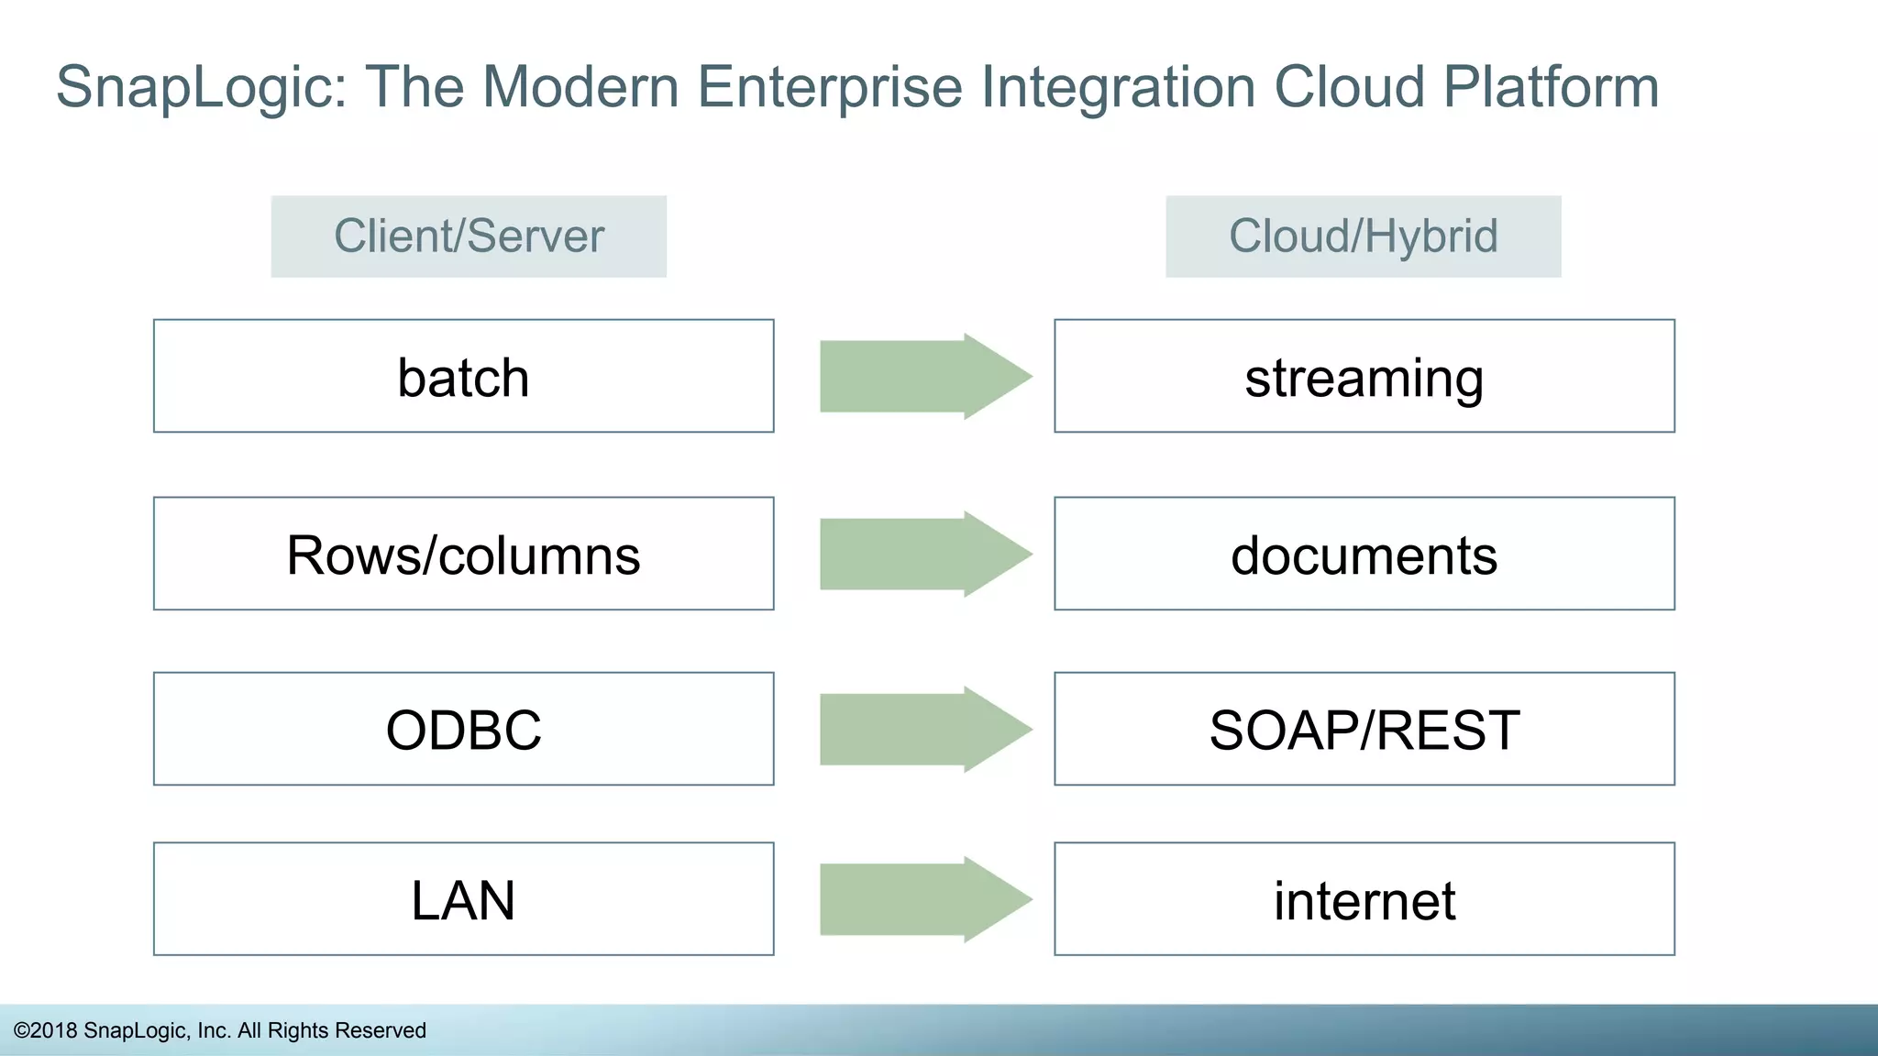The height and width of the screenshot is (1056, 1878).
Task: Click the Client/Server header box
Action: click(x=469, y=236)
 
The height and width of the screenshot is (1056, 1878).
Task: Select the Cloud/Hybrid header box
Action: click(x=1363, y=236)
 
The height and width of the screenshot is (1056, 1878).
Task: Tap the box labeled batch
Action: click(x=463, y=376)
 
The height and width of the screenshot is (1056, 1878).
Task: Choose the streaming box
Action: click(x=1364, y=376)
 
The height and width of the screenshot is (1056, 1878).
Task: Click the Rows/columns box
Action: click(x=463, y=554)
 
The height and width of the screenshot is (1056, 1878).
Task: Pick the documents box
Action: click(x=1364, y=554)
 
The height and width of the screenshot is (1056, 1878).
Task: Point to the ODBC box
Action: click(x=463, y=729)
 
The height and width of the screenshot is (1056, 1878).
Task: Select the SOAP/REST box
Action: click(x=1364, y=729)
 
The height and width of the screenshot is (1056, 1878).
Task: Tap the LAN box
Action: click(x=463, y=898)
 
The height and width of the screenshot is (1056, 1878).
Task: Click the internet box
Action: click(x=1364, y=898)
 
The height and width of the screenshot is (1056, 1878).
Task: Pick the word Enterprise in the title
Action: click(x=829, y=88)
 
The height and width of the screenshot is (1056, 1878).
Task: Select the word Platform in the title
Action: click(x=1551, y=88)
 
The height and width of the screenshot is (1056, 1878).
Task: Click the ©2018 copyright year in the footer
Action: click(x=46, y=1030)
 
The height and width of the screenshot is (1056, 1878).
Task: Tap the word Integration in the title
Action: click(x=1117, y=88)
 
